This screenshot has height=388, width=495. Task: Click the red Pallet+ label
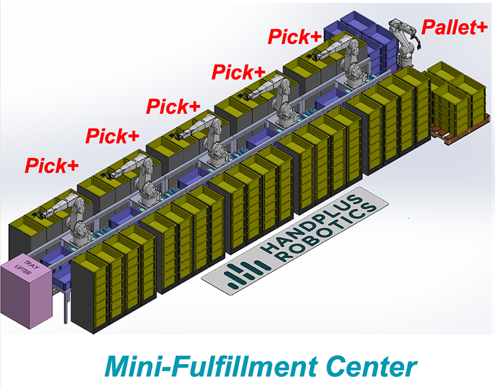454,27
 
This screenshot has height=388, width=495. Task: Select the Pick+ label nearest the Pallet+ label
294,36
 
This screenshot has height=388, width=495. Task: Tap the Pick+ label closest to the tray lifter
52,166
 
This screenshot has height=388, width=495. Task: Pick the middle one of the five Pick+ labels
173,106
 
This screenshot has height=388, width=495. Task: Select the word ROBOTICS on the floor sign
328,233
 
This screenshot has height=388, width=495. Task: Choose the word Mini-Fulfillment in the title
212,367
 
